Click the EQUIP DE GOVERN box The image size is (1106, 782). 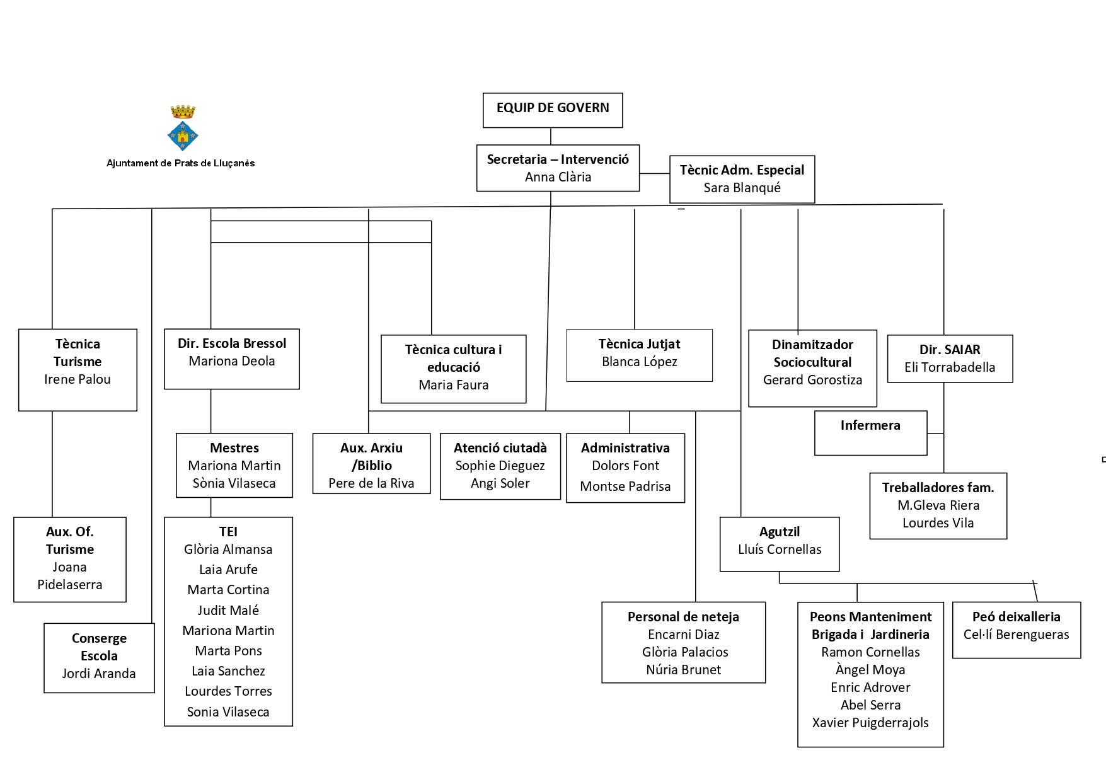click(552, 110)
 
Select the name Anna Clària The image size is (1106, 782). click(558, 177)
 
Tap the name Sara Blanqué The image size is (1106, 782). click(742, 188)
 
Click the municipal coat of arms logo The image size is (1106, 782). click(183, 129)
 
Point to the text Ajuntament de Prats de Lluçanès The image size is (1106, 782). click(180, 163)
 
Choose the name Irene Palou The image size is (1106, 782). click(78, 379)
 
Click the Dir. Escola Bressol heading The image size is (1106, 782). click(231, 343)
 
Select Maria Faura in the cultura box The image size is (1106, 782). click(453, 385)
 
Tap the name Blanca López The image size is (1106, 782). click(639, 362)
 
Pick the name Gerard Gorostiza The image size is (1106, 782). click(812, 380)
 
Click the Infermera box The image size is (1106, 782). click(870, 432)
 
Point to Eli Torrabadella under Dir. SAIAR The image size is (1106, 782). click(949, 367)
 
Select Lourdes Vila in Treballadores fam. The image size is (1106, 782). click(938, 523)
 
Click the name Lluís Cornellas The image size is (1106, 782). click(780, 549)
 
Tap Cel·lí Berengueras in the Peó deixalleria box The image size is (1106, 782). click(1016, 635)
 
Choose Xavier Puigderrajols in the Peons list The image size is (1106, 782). click(870, 723)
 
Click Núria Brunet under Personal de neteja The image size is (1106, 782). click(683, 670)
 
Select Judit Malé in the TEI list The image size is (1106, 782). click(228, 611)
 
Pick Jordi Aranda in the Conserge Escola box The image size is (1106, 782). click(99, 674)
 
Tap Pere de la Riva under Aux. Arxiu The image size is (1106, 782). click(371, 483)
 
